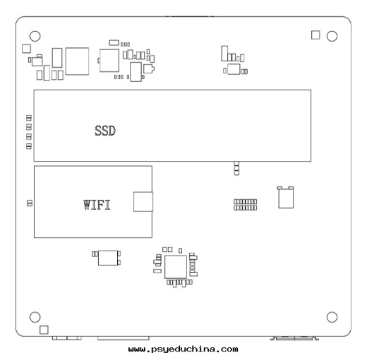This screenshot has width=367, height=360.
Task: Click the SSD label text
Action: click(105, 131)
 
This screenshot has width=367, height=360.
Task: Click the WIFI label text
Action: click(97, 205)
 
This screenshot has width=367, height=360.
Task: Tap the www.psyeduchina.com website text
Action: click(183, 349)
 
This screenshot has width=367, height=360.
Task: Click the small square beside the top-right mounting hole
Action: click(315, 35)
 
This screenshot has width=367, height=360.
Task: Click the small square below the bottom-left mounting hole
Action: click(44, 330)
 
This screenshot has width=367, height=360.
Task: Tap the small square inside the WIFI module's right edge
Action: click(143, 202)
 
